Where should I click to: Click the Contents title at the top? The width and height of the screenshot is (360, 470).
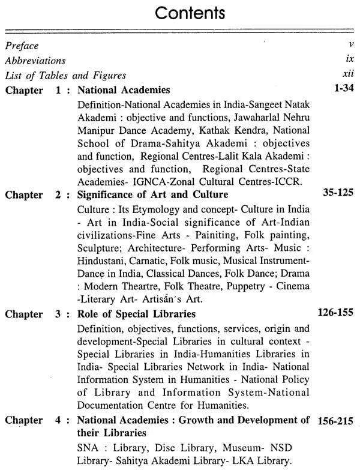pos(180,13)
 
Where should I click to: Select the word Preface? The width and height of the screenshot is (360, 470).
pos(22,46)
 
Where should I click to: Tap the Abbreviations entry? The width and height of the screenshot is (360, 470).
pos(35,61)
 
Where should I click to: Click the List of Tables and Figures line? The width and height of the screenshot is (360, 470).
pos(65,76)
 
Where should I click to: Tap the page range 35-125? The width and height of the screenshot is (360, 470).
pos(334,194)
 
